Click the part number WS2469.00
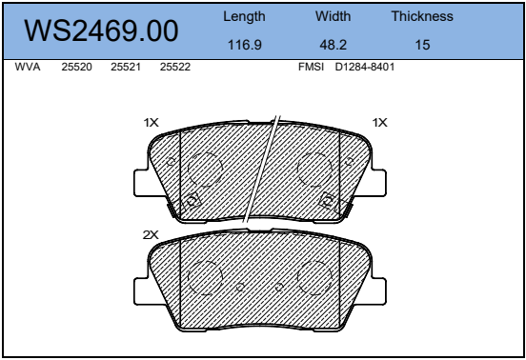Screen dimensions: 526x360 pos(101,30)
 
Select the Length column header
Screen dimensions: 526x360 pos(244,16)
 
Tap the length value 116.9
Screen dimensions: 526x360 pos(245,45)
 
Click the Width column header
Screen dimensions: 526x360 pos(333,16)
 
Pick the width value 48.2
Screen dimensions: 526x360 pos(333,45)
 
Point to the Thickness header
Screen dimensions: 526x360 pos(422,16)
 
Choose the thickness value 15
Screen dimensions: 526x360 pos(422,45)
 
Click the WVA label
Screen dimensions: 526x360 pos(28,67)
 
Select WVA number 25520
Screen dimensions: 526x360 pos(76,67)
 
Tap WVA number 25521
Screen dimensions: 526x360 pos(126,67)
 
